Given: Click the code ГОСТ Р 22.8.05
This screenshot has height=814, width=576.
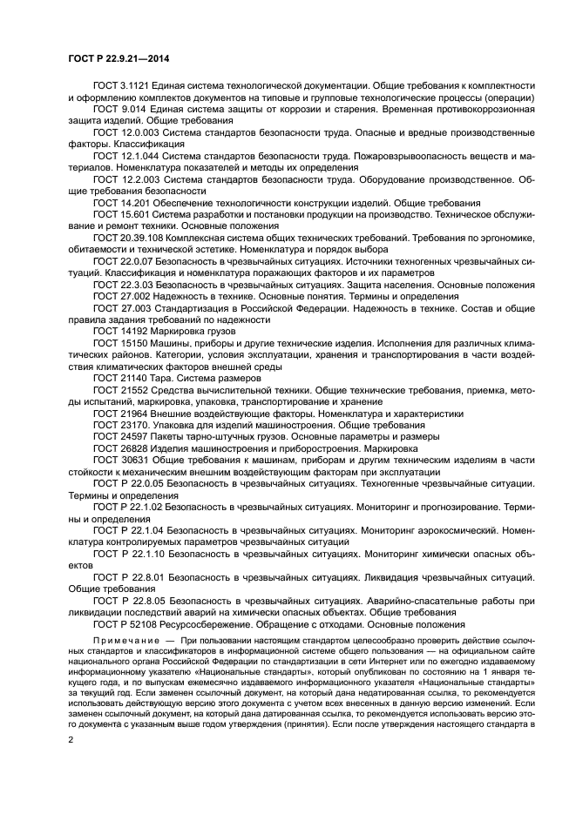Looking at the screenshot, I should [131, 601].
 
